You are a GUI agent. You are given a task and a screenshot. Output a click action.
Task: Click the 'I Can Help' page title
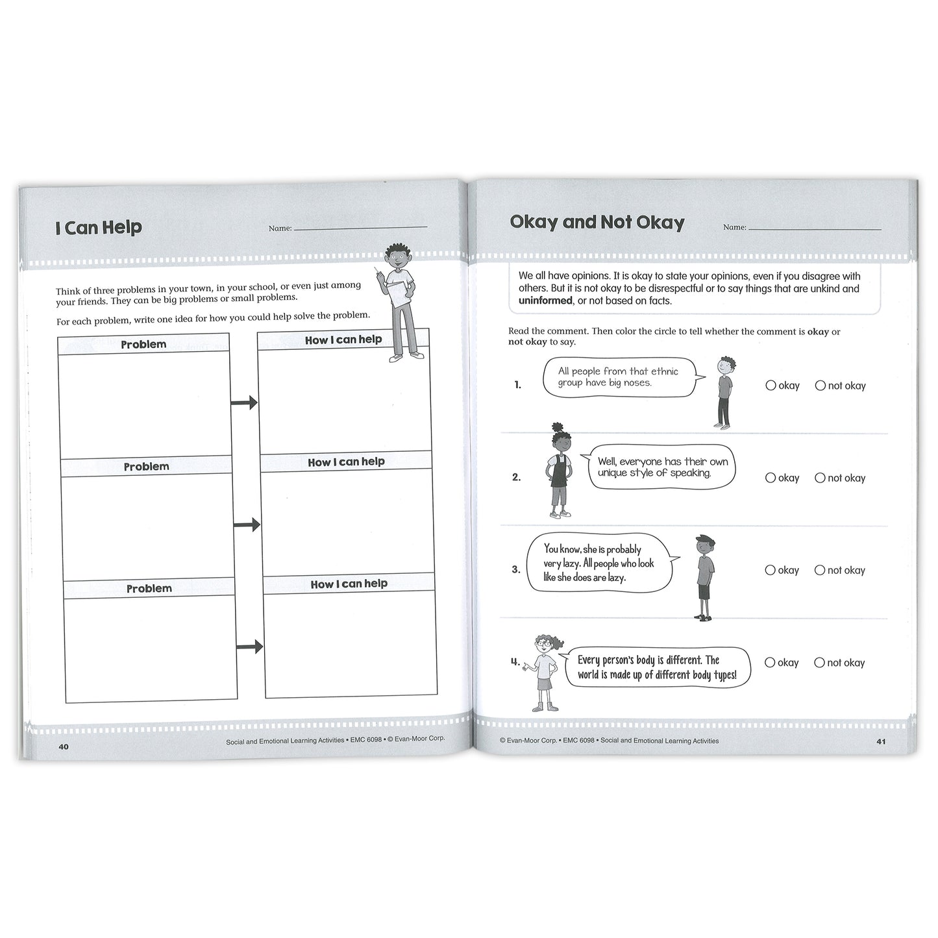[99, 228]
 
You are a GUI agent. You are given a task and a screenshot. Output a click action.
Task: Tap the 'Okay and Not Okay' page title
[597, 223]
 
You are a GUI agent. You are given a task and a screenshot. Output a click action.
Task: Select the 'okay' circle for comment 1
[771, 386]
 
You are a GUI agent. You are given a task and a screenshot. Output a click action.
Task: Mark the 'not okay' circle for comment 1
[821, 386]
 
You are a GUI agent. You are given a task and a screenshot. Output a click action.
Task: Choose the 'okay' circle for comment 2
[771, 478]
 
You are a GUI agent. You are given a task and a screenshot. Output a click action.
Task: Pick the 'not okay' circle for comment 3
[820, 570]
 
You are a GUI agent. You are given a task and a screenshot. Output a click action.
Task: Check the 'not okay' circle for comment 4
[820, 663]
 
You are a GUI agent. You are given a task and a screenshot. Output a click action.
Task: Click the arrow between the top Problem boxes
[244, 403]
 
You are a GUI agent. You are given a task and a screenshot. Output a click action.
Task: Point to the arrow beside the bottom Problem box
[249, 647]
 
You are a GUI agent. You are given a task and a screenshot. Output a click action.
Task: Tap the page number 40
[63, 747]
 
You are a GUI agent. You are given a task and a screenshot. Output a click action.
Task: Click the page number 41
[881, 741]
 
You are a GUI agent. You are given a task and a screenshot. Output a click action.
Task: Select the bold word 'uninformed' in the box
[545, 301]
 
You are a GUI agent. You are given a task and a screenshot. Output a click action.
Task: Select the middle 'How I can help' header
[346, 462]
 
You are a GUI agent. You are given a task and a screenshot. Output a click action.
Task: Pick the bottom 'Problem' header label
[149, 589]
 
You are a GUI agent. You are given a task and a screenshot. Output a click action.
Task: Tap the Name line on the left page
[360, 227]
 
